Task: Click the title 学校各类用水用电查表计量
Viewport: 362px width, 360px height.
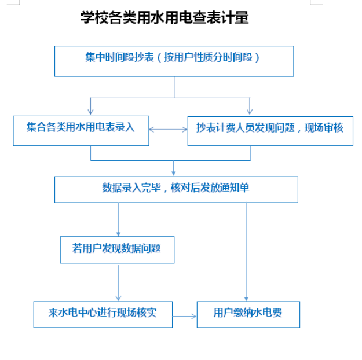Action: click(x=164, y=17)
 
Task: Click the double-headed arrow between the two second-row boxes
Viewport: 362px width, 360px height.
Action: click(x=169, y=130)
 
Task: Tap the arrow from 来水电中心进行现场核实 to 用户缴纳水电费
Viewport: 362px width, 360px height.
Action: click(x=184, y=317)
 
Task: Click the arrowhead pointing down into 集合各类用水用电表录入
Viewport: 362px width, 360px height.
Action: click(x=90, y=112)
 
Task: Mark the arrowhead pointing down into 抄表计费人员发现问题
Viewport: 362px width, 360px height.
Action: click(x=250, y=112)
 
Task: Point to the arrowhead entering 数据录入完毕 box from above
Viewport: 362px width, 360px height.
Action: click(x=174, y=173)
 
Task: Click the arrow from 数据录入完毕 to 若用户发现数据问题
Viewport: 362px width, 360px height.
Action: click(x=118, y=220)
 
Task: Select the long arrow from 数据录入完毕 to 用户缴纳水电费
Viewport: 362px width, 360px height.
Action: click(x=246, y=252)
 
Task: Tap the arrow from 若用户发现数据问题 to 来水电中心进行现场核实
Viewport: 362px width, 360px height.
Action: click(x=118, y=283)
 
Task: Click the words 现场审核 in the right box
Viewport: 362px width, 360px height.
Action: click(x=324, y=127)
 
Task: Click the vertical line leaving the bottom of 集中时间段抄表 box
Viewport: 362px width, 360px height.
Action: click(x=174, y=87)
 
